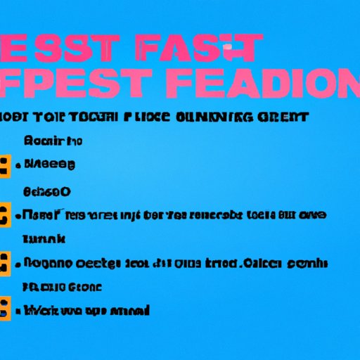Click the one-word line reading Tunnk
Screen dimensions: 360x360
44,239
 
